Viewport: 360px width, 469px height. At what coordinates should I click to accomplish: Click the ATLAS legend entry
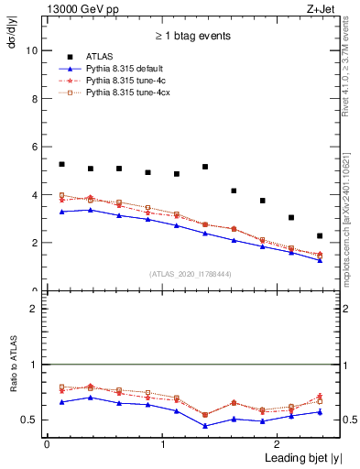tap(98, 57)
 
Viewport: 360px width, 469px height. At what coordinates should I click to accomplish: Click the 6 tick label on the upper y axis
tap(34, 147)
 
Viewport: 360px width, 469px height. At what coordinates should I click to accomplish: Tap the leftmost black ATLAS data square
tap(61, 164)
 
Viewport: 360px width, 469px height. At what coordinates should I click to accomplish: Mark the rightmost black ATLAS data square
tap(320, 235)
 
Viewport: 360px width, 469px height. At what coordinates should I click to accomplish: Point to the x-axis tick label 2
tap(279, 444)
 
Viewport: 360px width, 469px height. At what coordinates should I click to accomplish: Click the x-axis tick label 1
tap(162, 444)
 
